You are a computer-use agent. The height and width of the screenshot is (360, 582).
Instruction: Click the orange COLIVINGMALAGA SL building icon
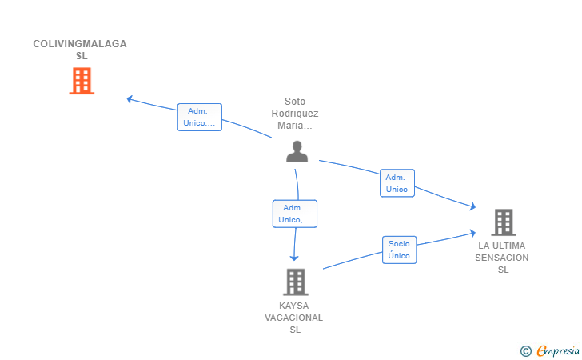click(x=82, y=81)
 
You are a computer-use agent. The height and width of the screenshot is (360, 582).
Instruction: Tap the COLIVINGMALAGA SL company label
click(x=80, y=50)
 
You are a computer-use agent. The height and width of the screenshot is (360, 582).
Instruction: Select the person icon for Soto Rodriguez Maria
click(x=297, y=151)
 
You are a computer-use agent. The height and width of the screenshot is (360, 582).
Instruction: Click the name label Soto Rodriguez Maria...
click(x=295, y=114)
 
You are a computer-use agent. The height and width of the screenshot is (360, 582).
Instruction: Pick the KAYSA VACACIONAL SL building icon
click(x=296, y=282)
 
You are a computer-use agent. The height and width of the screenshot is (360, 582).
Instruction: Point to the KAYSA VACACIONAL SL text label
click(x=294, y=318)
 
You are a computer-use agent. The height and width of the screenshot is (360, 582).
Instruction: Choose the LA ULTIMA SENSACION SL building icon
click(x=504, y=222)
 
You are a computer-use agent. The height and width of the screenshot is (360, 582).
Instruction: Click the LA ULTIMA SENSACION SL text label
click(x=502, y=258)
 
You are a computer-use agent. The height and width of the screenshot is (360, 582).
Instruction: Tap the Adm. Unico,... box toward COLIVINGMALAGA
click(x=200, y=117)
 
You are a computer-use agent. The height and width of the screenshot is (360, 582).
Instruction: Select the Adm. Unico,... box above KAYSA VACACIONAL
click(x=295, y=214)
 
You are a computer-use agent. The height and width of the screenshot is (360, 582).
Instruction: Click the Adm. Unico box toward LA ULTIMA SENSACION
click(x=397, y=183)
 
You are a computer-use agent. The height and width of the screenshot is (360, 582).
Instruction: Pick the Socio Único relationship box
click(x=400, y=250)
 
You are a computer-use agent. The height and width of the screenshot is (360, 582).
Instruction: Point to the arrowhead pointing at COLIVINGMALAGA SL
click(x=130, y=99)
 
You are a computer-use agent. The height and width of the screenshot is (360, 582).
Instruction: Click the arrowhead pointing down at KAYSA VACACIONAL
click(x=294, y=258)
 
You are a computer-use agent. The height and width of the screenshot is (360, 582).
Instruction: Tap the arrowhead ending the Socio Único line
click(x=473, y=233)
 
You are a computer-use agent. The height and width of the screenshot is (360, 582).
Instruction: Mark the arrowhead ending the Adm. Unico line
click(x=472, y=206)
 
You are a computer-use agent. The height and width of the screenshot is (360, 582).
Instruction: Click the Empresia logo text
click(x=558, y=350)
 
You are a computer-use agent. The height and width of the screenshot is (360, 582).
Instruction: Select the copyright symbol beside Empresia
click(x=526, y=351)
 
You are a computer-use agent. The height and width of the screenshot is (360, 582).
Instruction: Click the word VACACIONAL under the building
click(x=294, y=318)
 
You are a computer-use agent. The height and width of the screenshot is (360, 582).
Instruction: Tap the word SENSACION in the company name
click(x=502, y=258)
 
